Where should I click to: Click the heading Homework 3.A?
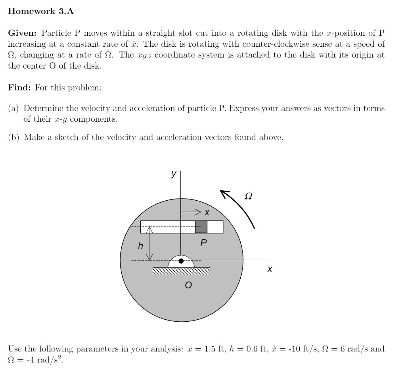(x=41, y=12)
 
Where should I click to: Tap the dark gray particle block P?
(x=201, y=227)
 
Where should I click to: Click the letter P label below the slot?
(x=203, y=242)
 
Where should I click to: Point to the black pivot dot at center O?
(x=181, y=261)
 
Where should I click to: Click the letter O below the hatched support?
(x=188, y=285)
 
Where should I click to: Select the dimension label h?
(x=140, y=246)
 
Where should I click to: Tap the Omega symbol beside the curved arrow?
(x=248, y=196)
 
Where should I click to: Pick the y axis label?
(x=173, y=174)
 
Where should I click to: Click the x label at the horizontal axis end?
(x=270, y=269)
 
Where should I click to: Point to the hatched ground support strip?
(x=181, y=271)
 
